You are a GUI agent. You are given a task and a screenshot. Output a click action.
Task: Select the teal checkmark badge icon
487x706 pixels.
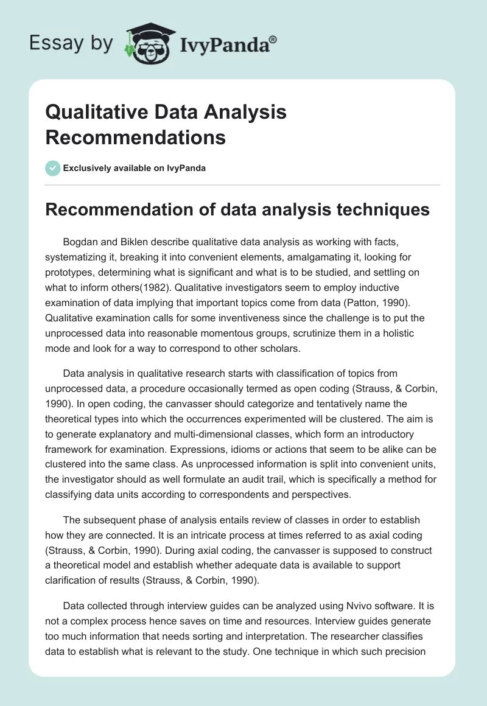(53, 168)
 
